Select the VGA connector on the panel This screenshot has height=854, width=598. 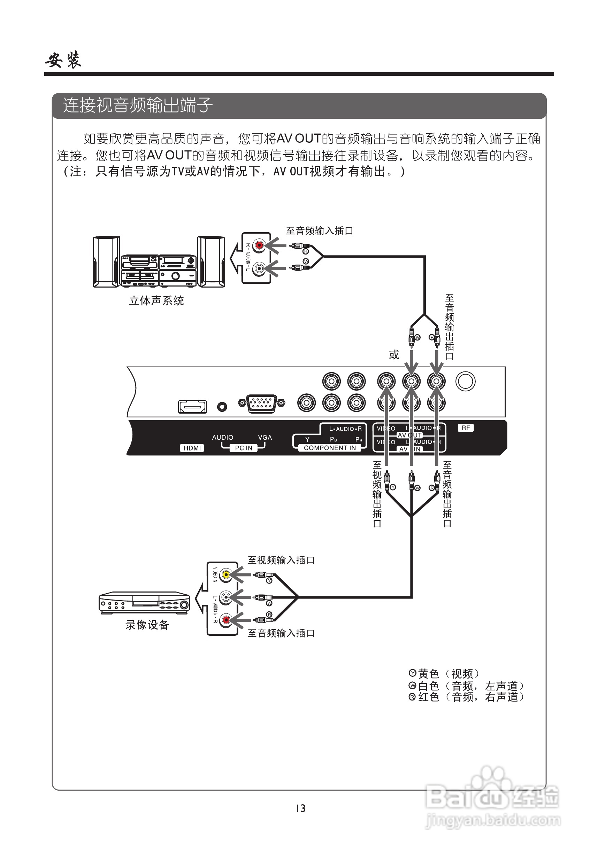coord(262,403)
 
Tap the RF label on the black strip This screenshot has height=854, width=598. coord(466,428)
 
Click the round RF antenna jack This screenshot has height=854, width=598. coord(466,381)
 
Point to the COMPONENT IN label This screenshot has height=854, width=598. coord(330,448)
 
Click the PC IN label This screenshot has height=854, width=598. coord(244,448)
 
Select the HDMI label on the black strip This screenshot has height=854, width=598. coord(192,448)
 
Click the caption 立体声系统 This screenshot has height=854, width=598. coord(156,300)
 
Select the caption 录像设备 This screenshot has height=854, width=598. coord(147,625)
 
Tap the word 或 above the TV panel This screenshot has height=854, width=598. coord(394,354)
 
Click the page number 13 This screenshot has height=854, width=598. coord(300,808)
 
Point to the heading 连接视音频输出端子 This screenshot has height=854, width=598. coord(138,105)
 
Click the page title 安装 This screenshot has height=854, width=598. coord(63,60)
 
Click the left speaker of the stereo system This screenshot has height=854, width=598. coord(106,261)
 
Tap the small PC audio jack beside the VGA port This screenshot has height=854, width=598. coord(222,407)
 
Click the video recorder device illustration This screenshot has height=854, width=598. coord(145,603)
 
